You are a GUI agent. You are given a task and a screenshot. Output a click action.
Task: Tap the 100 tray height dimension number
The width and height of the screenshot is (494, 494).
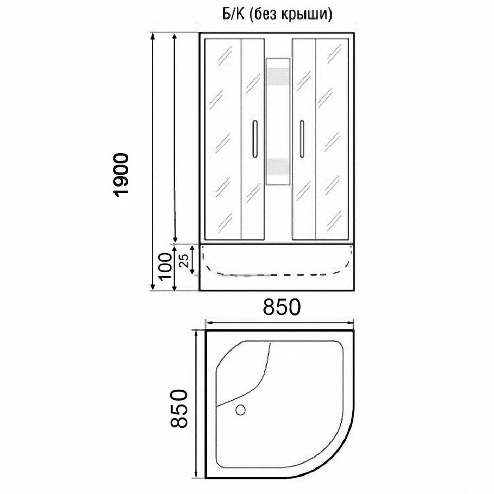(166, 268)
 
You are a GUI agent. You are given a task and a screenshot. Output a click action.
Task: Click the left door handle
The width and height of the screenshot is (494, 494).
(255, 139)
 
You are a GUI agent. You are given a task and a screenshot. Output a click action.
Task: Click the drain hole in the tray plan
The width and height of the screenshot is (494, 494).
(241, 410)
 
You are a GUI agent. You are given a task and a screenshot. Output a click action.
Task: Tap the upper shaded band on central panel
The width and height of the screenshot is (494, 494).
(278, 76)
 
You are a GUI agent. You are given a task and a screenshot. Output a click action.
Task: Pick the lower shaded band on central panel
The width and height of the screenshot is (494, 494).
(278, 167)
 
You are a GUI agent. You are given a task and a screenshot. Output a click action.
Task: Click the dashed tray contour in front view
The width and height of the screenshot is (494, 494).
(274, 275)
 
